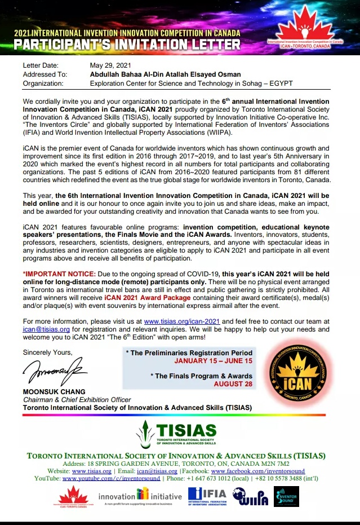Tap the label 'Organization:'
click(45, 83)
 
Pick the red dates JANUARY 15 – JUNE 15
click(214, 361)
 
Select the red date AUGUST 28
click(233, 384)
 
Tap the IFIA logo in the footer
click(207, 496)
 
